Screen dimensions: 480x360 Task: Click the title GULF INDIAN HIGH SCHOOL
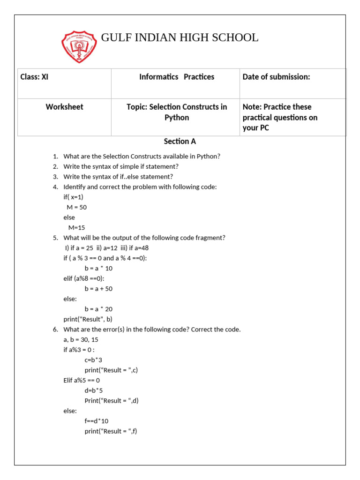pyautogui.click(x=180, y=38)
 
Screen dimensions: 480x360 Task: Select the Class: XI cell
pyautogui.click(x=34, y=77)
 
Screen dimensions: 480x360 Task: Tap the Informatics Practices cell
pyautogui.click(x=176, y=77)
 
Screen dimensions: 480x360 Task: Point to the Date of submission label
pyautogui.click(x=276, y=77)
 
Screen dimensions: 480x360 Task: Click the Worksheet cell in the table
pyautogui.click(x=64, y=107)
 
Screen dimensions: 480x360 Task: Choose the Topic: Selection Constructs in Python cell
pyautogui.click(x=176, y=112)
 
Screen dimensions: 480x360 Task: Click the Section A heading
pyautogui.click(x=180, y=141)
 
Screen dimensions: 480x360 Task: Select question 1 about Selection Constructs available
pyautogui.click(x=142, y=156)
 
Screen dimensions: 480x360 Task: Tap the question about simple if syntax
pyautogui.click(x=121, y=166)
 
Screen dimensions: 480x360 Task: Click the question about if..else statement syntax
pyautogui.click(x=118, y=177)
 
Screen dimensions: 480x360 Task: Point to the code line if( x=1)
pyautogui.click(x=73, y=197)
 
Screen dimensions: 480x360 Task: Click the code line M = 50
pyautogui.click(x=76, y=207)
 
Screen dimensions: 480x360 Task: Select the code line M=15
pyautogui.click(x=76, y=227)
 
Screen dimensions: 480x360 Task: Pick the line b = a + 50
pyautogui.click(x=98, y=289)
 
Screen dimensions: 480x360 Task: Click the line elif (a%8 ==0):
pyautogui.click(x=84, y=278)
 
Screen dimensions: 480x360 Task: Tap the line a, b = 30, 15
pyautogui.click(x=81, y=339)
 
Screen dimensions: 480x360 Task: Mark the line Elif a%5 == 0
pyautogui.click(x=82, y=380)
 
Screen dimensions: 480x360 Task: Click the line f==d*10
pyautogui.click(x=97, y=421)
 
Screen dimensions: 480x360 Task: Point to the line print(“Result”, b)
pyautogui.click(x=88, y=319)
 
